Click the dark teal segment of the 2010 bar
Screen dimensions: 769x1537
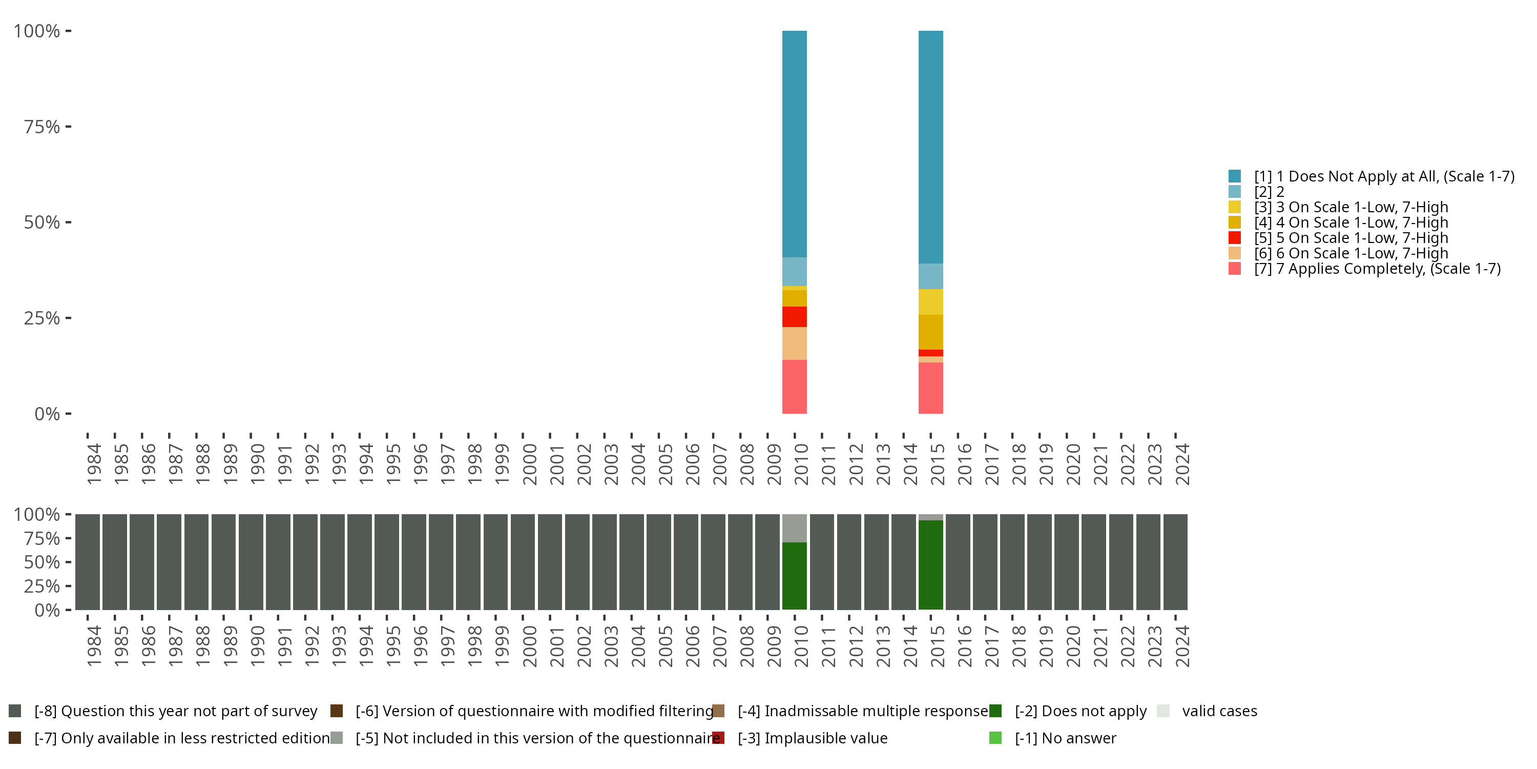(x=794, y=144)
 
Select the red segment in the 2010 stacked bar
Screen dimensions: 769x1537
(x=794, y=316)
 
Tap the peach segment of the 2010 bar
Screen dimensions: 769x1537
(x=794, y=343)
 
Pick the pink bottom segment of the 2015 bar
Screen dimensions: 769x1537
(x=930, y=388)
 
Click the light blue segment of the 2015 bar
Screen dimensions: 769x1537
(x=930, y=276)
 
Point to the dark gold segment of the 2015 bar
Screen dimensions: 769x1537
(x=930, y=332)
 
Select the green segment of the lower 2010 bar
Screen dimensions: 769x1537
(x=794, y=576)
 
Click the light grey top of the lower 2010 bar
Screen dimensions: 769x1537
(x=794, y=528)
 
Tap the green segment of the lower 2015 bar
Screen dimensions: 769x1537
(x=930, y=565)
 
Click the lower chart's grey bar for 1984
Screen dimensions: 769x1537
(x=87, y=562)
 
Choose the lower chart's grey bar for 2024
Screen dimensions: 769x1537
(x=1175, y=562)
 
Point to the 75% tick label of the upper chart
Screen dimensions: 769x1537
(x=42, y=127)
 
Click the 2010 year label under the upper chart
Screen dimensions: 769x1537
(x=801, y=464)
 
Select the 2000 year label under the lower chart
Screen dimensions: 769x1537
(x=529, y=646)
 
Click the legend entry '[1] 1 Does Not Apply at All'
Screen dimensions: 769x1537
(x=1384, y=176)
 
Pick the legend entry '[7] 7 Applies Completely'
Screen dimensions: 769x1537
(x=1377, y=269)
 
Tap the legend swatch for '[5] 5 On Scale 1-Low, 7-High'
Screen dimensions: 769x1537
(x=1235, y=238)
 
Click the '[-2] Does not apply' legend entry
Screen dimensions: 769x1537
(x=1080, y=711)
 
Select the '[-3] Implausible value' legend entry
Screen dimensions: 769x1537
(x=812, y=738)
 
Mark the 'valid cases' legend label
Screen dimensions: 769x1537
(x=1219, y=711)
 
